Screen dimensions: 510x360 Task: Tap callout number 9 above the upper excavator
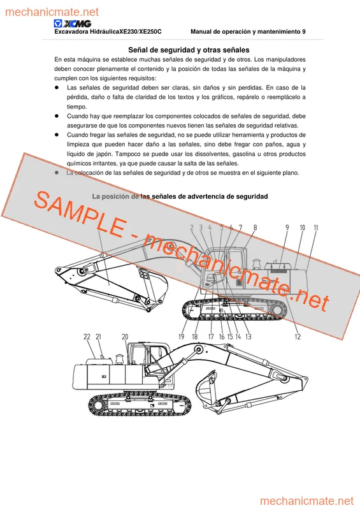coord(287,228)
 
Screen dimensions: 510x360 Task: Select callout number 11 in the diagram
coord(316,228)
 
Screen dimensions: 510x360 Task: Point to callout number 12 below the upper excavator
coord(298,337)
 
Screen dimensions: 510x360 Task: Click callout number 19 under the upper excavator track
coord(182,337)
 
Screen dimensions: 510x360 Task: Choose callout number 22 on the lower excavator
coord(87,337)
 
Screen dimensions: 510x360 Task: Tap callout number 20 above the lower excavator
coord(125,337)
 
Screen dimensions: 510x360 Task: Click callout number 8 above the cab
coord(255,228)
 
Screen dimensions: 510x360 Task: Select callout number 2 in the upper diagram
coord(192,228)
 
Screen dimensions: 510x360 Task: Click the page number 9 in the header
coord(304,31)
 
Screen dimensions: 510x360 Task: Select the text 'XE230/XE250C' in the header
coord(141,31)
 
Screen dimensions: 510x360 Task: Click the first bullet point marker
coord(57,87)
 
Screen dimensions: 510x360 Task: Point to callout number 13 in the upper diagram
coord(248,337)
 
